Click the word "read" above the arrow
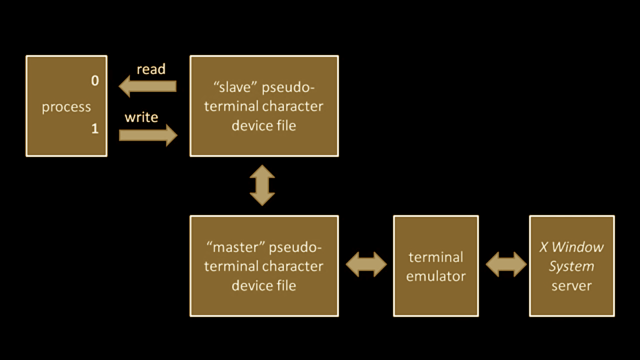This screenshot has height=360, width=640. click(x=151, y=70)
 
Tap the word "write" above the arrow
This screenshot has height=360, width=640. click(x=141, y=118)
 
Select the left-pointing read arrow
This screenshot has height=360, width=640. click(x=148, y=86)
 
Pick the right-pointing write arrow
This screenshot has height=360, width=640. click(x=148, y=135)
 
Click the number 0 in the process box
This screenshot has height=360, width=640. click(x=95, y=81)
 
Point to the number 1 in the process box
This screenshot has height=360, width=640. click(x=95, y=129)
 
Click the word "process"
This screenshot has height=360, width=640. click(x=66, y=107)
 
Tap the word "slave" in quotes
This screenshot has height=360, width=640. click(x=235, y=87)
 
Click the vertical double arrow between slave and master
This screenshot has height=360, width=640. click(x=262, y=186)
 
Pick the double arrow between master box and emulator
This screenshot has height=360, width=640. click(x=366, y=264)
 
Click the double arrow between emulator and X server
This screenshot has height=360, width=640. click(x=506, y=264)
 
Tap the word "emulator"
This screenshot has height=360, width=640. click(x=436, y=276)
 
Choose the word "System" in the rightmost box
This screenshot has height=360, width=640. click(x=571, y=266)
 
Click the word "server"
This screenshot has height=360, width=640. click(x=571, y=286)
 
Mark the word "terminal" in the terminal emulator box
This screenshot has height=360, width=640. click(x=436, y=257)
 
